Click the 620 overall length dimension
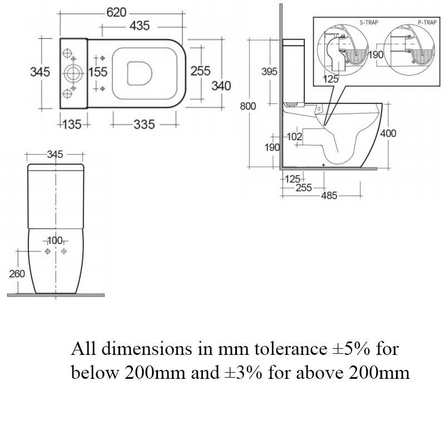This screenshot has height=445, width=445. [x=116, y=13]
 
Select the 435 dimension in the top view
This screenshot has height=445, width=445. [x=142, y=26]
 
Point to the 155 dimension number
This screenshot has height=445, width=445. [x=97, y=72]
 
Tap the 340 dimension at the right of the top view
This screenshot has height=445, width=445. [x=221, y=86]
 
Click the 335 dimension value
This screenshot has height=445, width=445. [x=144, y=124]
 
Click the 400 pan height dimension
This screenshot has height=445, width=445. [x=388, y=133]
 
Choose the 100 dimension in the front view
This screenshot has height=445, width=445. [x=55, y=240]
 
